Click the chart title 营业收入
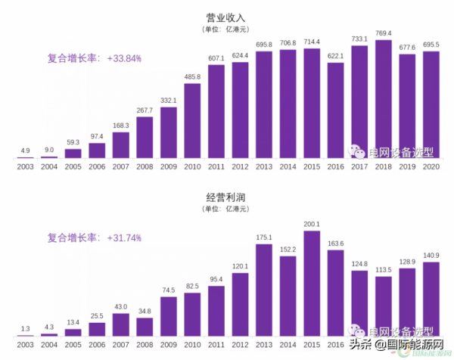(226, 16)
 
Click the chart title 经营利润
(226, 197)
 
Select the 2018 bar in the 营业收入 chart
(384, 98)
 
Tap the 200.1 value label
(312, 224)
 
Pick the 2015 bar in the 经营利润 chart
(312, 284)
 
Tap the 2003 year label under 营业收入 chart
(25, 166)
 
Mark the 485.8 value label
(192, 76)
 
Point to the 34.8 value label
(145, 311)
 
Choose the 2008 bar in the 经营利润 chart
(145, 326)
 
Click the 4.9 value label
(25, 151)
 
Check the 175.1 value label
(264, 237)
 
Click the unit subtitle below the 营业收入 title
(226, 29)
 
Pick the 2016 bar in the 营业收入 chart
(335, 110)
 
